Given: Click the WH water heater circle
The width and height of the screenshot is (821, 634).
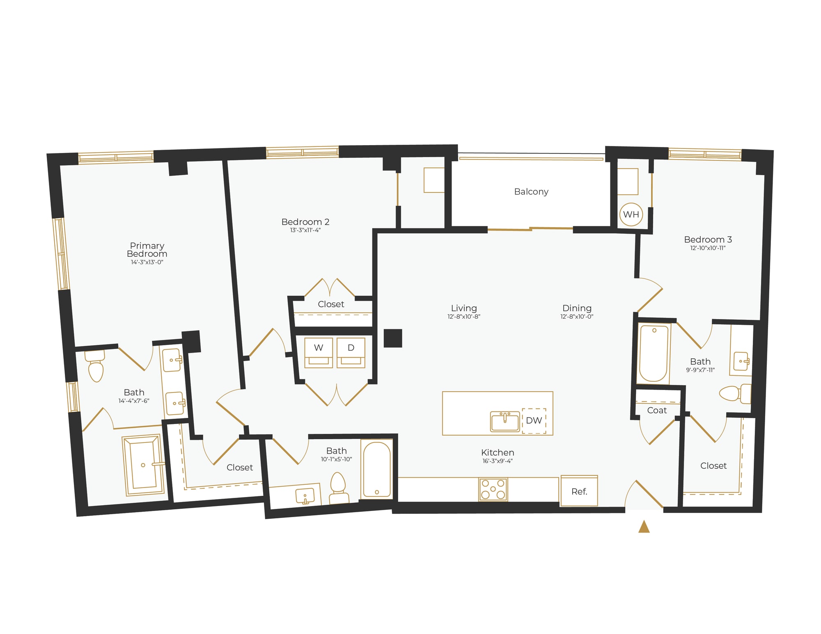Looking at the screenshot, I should tap(631, 214).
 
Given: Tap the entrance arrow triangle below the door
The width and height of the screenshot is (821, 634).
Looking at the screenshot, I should tap(644, 527).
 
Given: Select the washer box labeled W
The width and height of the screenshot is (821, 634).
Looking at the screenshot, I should tap(319, 352).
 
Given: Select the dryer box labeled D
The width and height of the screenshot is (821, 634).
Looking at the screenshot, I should tap(351, 352).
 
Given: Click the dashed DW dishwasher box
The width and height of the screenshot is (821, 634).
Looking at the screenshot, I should tap(534, 420).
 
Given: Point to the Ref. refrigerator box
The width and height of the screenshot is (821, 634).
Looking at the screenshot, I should tap(579, 491).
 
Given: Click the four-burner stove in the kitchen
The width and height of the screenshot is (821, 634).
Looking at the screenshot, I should tap(493, 489).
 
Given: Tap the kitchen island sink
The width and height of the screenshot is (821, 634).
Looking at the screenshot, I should tap(505, 422).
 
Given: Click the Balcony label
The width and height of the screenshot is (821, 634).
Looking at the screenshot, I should tap(531, 192).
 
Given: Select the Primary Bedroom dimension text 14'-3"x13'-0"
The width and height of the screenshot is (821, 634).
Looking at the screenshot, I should tap(147, 262).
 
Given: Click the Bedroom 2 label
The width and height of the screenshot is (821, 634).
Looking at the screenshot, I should tap(305, 222).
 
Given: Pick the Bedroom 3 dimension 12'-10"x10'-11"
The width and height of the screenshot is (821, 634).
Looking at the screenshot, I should tap(708, 248).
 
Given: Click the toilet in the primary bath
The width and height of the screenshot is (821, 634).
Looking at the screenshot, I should tap(96, 367).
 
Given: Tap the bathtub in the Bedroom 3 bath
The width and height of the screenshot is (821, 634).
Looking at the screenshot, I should tap(653, 353).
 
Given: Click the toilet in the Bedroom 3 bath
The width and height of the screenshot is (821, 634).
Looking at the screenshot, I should tap(733, 394).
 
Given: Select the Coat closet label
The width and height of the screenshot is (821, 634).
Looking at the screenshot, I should tap(657, 410).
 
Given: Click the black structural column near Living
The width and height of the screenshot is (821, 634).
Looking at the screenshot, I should tap(393, 338).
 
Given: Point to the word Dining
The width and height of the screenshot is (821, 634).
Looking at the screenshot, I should tap(577, 308).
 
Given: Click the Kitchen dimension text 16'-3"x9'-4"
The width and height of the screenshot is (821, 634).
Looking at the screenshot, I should tap(498, 461).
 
